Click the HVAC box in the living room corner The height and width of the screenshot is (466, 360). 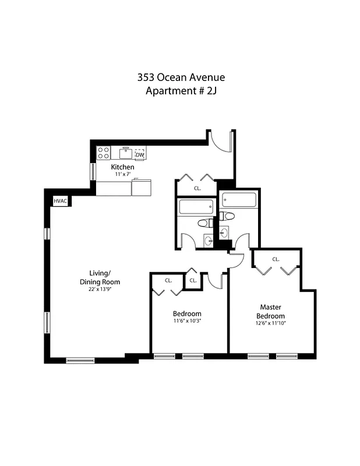pos(60,201)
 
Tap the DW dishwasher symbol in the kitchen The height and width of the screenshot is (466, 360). pos(140,154)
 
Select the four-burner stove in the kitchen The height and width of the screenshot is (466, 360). pos(104,153)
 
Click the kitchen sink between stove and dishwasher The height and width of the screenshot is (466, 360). pos(125,153)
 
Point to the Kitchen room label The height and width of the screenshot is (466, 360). pos(123,167)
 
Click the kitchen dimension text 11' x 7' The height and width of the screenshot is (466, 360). pos(123,174)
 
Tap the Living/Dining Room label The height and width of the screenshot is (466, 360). pos(104,277)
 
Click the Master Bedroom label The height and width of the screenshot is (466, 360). pos(271,311)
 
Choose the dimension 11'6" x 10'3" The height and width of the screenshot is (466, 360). pos(187,321)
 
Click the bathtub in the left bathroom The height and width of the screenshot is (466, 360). pos(196,207)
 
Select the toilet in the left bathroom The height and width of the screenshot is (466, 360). pos(204,223)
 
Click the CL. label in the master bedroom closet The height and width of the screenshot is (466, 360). pos(276,259)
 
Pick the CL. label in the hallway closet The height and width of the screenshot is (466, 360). pos(197,188)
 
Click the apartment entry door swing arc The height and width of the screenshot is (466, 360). pos(220,141)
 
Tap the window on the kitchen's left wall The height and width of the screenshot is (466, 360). pos(93,171)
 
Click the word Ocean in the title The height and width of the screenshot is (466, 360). pos(181,77)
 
